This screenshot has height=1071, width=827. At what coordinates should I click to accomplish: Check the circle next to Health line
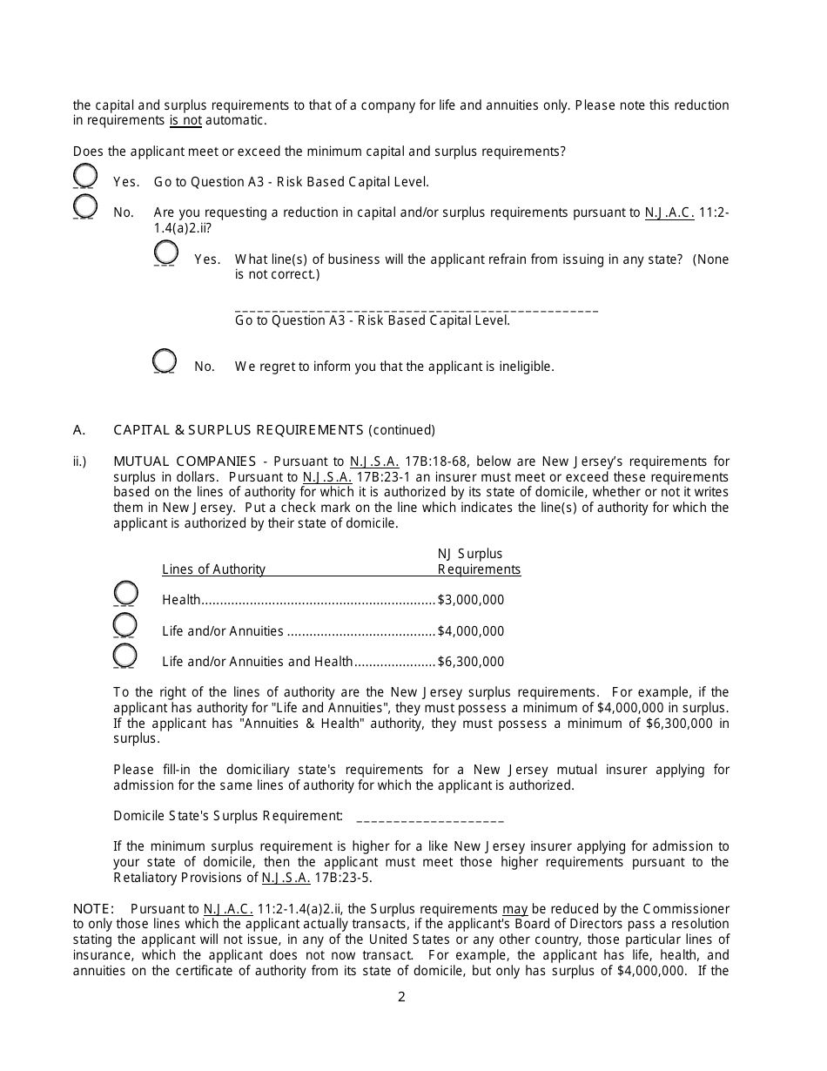pos(125,594)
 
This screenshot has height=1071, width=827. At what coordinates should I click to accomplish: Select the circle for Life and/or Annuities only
pos(125,625)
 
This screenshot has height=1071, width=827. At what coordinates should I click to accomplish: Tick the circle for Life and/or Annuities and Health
pos(125,656)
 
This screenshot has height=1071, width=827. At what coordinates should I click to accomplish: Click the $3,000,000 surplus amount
pos(470,600)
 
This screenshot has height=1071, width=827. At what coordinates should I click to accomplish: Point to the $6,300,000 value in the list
pos(470,662)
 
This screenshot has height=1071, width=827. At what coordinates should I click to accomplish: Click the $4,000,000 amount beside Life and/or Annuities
pos(470,631)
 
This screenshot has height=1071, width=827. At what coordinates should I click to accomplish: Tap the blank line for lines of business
pos(416,308)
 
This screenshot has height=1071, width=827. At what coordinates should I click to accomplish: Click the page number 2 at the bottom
pos(401,998)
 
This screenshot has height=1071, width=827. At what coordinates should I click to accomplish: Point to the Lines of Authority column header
pos(213,569)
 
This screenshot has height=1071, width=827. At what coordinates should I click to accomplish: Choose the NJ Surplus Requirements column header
pos(478,562)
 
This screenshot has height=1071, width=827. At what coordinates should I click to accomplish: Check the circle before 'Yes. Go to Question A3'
pos(84,176)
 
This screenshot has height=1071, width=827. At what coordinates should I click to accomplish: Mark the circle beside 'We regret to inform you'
pos(165,360)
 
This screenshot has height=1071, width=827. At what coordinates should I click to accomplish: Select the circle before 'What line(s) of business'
pos(165,253)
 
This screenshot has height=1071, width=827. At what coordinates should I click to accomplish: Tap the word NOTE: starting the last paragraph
pos(93,909)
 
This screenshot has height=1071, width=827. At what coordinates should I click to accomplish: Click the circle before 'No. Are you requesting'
pos(84,206)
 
